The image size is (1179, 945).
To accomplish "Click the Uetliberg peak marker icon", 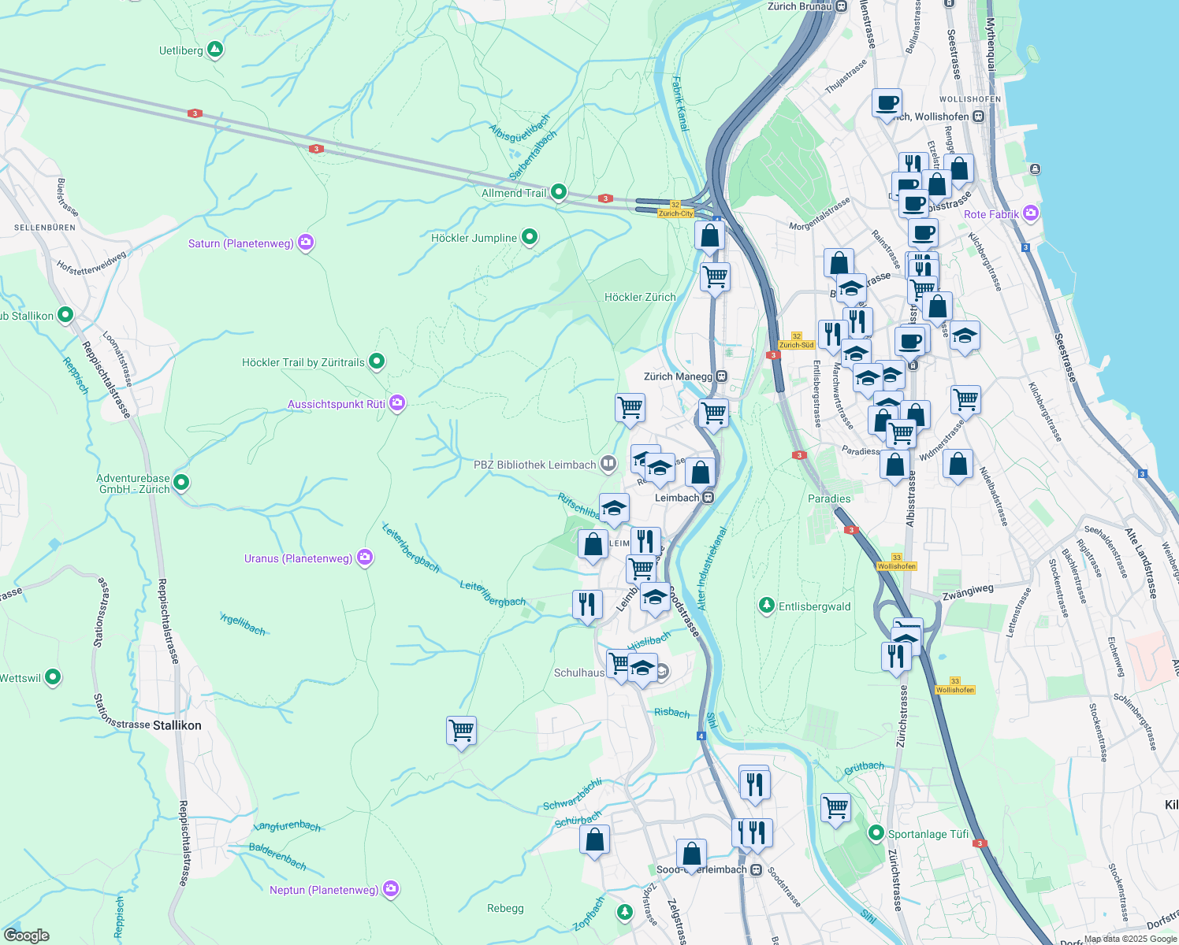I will [214, 50].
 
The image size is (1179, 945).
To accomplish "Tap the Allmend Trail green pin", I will [558, 191].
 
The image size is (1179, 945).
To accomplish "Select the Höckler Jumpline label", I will [474, 238].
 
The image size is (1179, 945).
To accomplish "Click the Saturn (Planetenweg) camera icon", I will [306, 243].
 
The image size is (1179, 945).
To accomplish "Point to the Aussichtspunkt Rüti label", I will [337, 404].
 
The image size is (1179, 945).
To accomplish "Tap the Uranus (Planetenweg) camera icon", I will [364, 558].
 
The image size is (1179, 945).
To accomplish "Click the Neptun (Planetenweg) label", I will [324, 890].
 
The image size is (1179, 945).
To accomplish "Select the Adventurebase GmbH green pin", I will [181, 482].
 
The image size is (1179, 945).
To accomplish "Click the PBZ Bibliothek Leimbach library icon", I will [608, 464].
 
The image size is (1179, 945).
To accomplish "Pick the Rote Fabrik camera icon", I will [1030, 213].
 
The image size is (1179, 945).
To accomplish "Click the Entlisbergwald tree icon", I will [766, 606].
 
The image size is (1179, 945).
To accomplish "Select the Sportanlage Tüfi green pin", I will [876, 832].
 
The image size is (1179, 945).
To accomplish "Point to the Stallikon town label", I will [177, 725].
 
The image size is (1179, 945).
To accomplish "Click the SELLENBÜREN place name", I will [45, 228].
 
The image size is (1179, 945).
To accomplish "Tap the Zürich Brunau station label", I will [800, 6].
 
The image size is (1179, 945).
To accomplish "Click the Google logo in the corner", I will [27, 936].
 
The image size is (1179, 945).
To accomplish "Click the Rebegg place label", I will [505, 908].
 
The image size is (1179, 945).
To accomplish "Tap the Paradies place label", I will [829, 498].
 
